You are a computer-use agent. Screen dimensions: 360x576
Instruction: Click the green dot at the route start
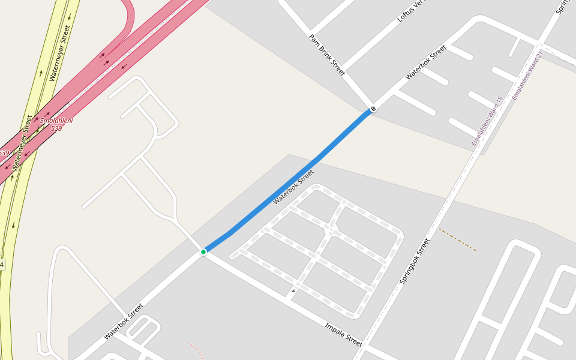(203, 251)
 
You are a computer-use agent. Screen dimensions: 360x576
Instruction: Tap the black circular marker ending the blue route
(373, 109)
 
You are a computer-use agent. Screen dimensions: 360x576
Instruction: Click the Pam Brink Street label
(327, 55)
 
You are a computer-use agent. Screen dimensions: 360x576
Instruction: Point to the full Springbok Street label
(415, 261)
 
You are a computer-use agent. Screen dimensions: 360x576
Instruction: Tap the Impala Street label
(344, 335)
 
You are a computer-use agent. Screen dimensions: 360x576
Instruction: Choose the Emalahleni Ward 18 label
(487, 121)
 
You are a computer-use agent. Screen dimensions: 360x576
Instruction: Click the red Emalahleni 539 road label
(56, 125)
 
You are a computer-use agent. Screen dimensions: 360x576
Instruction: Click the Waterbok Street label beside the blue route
(293, 187)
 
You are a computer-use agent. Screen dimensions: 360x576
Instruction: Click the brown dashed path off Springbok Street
(457, 239)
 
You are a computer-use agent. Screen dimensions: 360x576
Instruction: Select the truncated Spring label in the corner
(562, 7)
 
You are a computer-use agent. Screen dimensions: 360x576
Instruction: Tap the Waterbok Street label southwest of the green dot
(124, 322)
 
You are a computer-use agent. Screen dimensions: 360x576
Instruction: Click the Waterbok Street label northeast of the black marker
(426, 62)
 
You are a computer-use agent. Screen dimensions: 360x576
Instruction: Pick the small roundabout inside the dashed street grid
(329, 231)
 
